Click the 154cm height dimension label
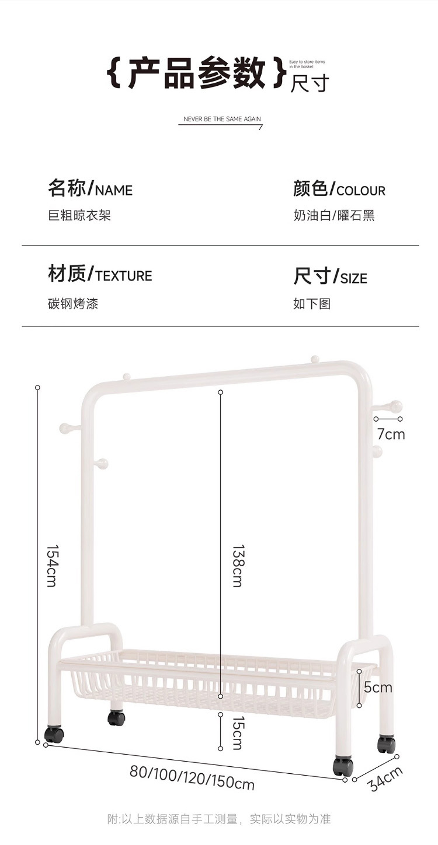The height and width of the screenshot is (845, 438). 51,566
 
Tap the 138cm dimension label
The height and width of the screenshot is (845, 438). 237,566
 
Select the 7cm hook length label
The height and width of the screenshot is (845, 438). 391,434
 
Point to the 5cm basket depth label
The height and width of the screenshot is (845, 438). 378,688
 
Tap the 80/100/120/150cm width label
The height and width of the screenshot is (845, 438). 192,777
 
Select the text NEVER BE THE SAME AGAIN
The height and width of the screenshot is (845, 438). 222,119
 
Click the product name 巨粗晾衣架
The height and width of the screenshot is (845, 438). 79,216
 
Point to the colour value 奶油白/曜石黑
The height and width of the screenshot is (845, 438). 333,216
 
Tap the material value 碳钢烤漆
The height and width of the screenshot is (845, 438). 73,304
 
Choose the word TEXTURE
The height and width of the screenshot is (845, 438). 124,276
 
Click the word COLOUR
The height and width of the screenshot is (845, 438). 361,191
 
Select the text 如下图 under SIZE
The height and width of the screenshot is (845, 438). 312,304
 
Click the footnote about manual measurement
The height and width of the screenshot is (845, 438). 219,819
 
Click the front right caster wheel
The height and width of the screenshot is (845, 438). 343,766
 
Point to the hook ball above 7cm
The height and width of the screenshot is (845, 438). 396,406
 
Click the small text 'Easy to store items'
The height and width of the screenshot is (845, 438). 307,61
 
